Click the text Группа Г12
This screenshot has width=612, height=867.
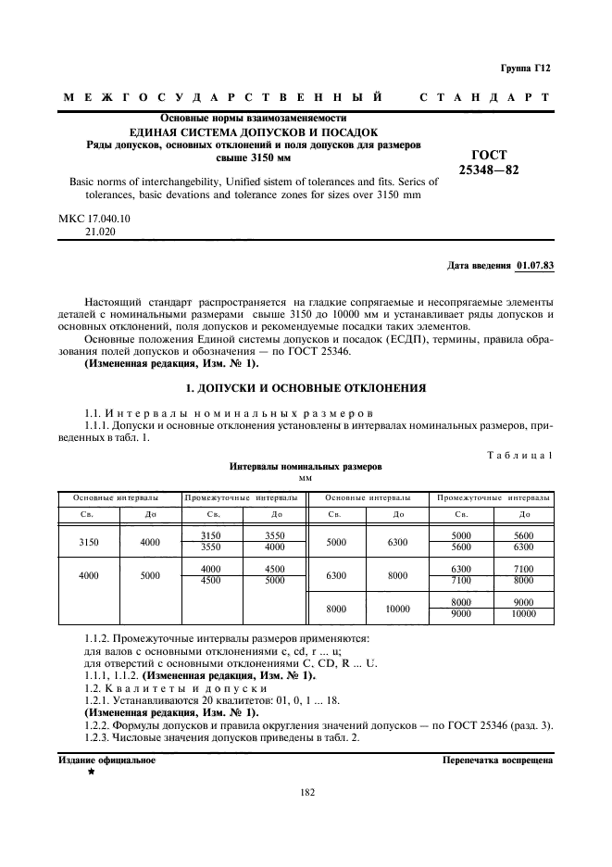point(526,69)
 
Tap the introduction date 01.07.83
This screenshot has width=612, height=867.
point(534,266)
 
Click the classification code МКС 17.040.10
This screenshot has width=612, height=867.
point(95,219)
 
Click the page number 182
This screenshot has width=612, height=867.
point(307,792)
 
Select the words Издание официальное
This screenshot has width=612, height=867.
point(107,760)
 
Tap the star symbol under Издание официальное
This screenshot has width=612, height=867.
point(91,772)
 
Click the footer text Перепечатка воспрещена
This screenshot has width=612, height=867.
point(498,760)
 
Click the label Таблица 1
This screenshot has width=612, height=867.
point(519,454)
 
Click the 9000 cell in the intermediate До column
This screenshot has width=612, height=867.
point(523,601)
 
